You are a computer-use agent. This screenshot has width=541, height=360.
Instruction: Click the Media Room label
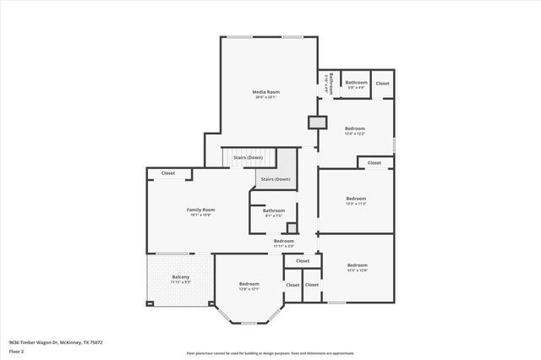click(265, 91)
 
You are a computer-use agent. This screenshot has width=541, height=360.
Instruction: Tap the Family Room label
click(200, 210)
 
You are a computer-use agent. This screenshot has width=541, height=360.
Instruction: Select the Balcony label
click(181, 276)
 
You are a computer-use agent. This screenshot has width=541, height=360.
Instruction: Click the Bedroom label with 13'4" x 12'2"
click(354, 128)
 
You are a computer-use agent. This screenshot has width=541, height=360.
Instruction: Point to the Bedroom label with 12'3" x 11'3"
click(356, 199)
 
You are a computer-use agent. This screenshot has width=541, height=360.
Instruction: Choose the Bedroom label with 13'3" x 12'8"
click(357, 265)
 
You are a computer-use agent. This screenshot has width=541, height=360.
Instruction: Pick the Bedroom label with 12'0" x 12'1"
click(249, 283)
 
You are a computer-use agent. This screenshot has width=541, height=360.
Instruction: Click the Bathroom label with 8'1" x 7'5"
click(273, 210)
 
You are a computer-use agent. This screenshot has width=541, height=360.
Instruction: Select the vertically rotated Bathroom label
click(332, 83)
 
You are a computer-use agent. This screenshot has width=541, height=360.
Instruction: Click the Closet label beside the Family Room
click(167, 173)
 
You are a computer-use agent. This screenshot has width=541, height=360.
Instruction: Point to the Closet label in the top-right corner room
click(382, 83)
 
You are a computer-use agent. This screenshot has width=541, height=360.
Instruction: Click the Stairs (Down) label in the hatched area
click(276, 179)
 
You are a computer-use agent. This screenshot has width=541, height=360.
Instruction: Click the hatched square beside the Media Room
click(317, 123)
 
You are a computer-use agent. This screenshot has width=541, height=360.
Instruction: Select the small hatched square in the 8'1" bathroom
click(292, 227)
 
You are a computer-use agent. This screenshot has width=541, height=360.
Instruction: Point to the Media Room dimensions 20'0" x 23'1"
click(265, 97)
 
